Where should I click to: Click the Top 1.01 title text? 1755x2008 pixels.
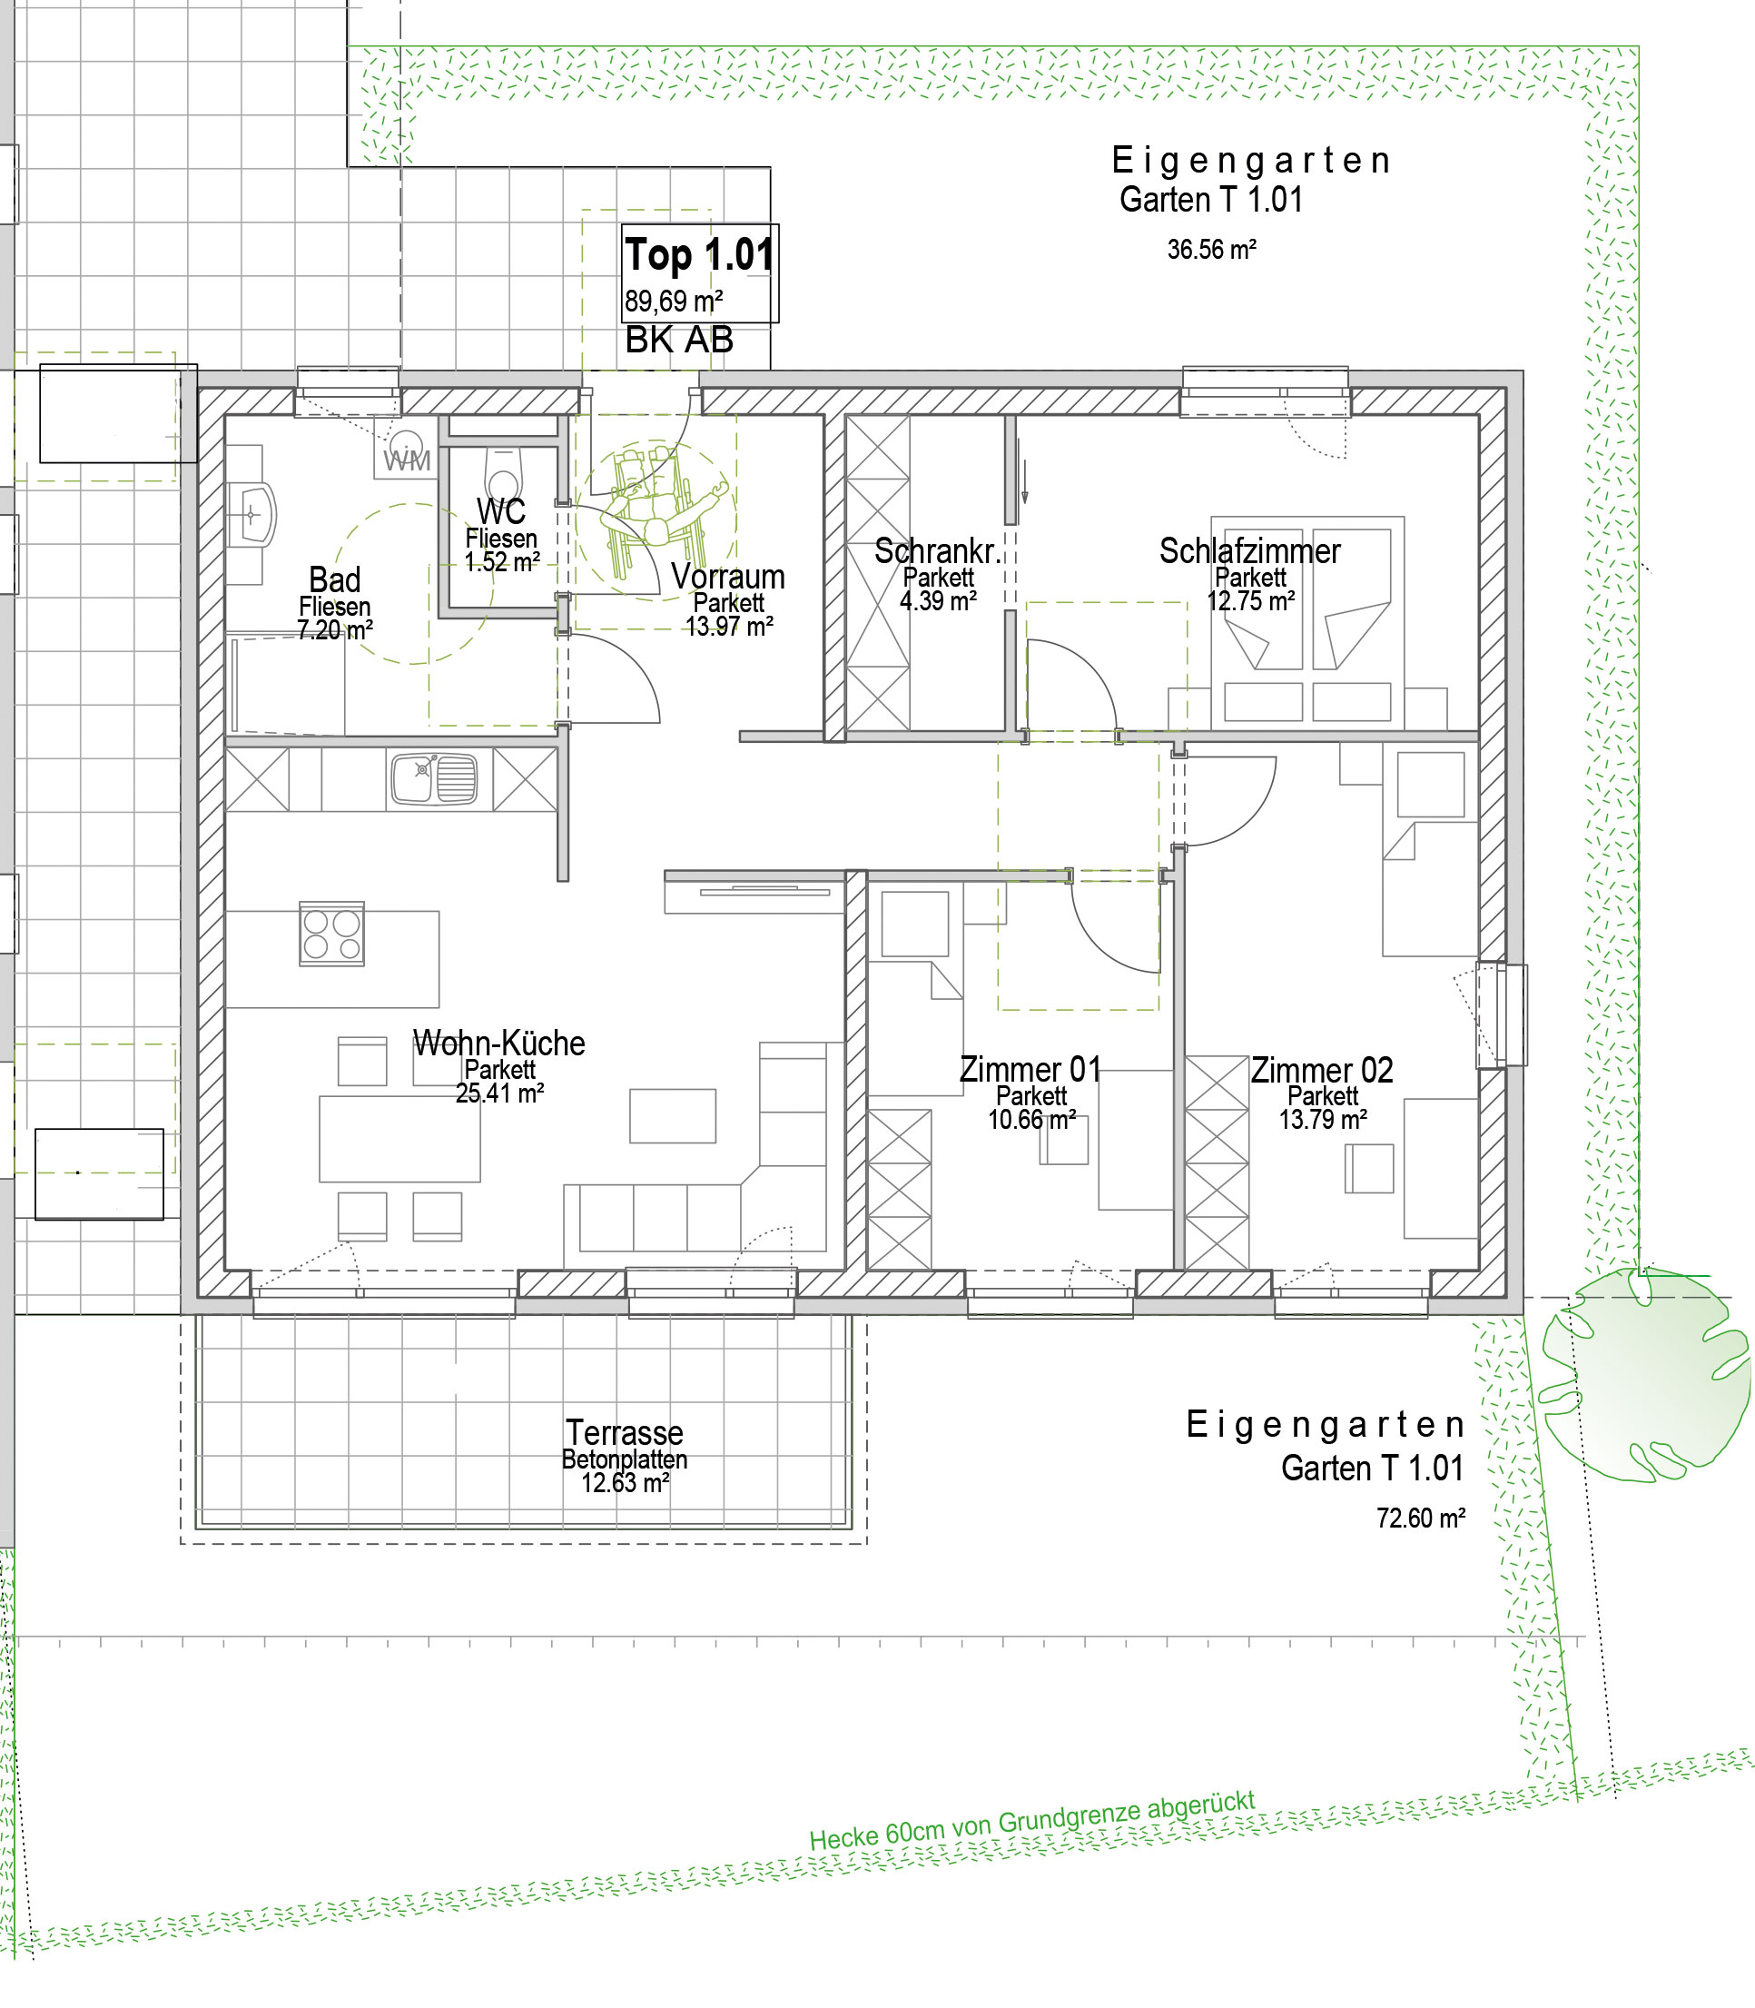point(699,254)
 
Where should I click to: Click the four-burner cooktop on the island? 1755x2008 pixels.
point(332,934)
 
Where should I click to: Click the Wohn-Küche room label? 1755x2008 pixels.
point(499,1044)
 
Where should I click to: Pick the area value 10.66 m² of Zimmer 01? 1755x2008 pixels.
point(1032,1120)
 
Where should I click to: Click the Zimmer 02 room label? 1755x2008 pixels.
point(1322,1070)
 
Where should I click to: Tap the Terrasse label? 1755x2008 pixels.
point(625,1432)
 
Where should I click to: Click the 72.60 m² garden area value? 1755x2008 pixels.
point(1421,1518)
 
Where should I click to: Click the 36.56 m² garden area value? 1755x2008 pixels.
point(1211,250)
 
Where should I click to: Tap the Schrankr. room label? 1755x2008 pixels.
point(938,551)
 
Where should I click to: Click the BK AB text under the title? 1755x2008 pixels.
point(680,340)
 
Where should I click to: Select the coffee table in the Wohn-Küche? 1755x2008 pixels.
point(673,1115)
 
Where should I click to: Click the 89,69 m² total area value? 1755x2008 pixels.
point(674,301)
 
